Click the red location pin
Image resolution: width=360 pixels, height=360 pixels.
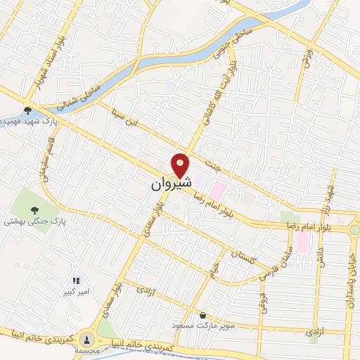181,165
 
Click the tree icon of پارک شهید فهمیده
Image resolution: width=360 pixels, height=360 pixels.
27,110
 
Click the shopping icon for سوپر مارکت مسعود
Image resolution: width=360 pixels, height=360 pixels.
203,315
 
